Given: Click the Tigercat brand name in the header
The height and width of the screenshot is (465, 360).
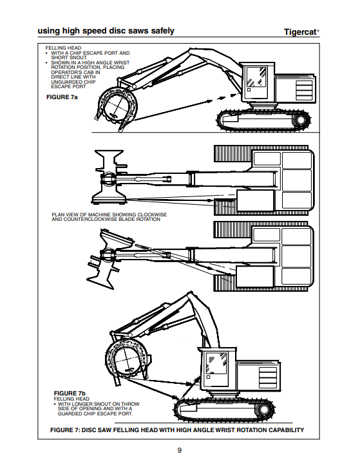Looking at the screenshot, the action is (301, 32).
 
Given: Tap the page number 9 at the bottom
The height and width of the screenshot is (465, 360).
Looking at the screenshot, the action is (180, 450).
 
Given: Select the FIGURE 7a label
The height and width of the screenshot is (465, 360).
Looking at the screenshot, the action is (62, 97).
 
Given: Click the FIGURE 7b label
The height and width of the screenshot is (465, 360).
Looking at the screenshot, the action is (70, 394).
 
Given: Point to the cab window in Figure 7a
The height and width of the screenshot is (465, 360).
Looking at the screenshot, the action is (256, 77).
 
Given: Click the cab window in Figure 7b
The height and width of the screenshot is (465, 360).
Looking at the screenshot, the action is (216, 364).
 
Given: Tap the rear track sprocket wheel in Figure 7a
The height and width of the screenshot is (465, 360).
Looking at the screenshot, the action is (301, 120).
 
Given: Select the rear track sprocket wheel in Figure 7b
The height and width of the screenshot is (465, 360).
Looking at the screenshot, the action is (263, 410).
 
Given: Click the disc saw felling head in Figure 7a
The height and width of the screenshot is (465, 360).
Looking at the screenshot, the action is (117, 107).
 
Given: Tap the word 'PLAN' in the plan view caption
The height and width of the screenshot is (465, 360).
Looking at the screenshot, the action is (58, 214).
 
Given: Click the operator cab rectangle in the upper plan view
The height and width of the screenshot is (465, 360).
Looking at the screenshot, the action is (255, 201).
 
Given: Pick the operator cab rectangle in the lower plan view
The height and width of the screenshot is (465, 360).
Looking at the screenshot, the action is (255, 276).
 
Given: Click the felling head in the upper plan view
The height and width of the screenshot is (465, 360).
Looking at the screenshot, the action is (109, 177).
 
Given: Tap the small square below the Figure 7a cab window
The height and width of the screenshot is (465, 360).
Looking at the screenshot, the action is (249, 90).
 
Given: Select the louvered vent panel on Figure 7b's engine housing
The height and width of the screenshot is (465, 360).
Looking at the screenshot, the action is (268, 378).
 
